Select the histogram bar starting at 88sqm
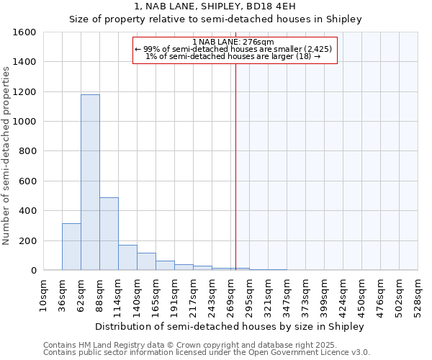pyautogui.click(x=109, y=233)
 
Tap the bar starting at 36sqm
pyautogui.click(x=71, y=246)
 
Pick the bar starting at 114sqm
pyautogui.click(x=127, y=257)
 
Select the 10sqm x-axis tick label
pyautogui.click(x=43, y=294)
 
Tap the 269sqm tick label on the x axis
pyautogui.click(x=230, y=294)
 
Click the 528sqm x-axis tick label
pyautogui.click(x=418, y=294)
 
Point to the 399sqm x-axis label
pyautogui.click(x=324, y=294)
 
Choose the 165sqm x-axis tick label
pyautogui.click(x=156, y=294)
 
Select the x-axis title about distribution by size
pyautogui.click(x=230, y=326)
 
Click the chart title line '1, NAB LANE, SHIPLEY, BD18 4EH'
pyautogui.click(x=215, y=6)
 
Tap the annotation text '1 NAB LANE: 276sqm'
pyautogui.click(x=234, y=42)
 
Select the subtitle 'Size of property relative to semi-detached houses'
pyautogui.click(x=215, y=19)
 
